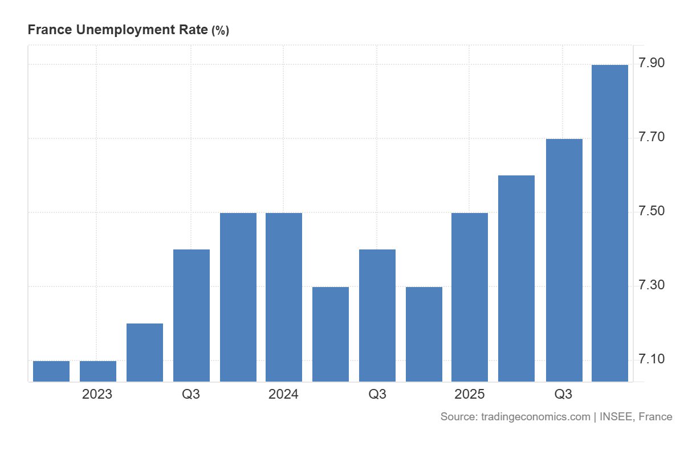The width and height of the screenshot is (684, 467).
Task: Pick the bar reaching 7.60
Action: point(516,278)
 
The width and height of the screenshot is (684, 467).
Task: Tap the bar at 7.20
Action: point(145,353)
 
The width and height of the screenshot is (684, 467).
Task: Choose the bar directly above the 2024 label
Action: point(284,297)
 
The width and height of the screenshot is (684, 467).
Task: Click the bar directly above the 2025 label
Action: point(470,297)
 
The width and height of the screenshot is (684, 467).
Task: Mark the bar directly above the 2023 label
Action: point(98,371)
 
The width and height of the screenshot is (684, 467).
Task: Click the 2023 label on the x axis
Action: point(97,394)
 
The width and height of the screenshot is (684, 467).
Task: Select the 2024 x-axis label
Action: point(283,394)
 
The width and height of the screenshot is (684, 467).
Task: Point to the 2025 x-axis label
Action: point(469,394)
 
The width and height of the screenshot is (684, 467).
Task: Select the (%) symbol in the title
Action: point(220,31)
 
